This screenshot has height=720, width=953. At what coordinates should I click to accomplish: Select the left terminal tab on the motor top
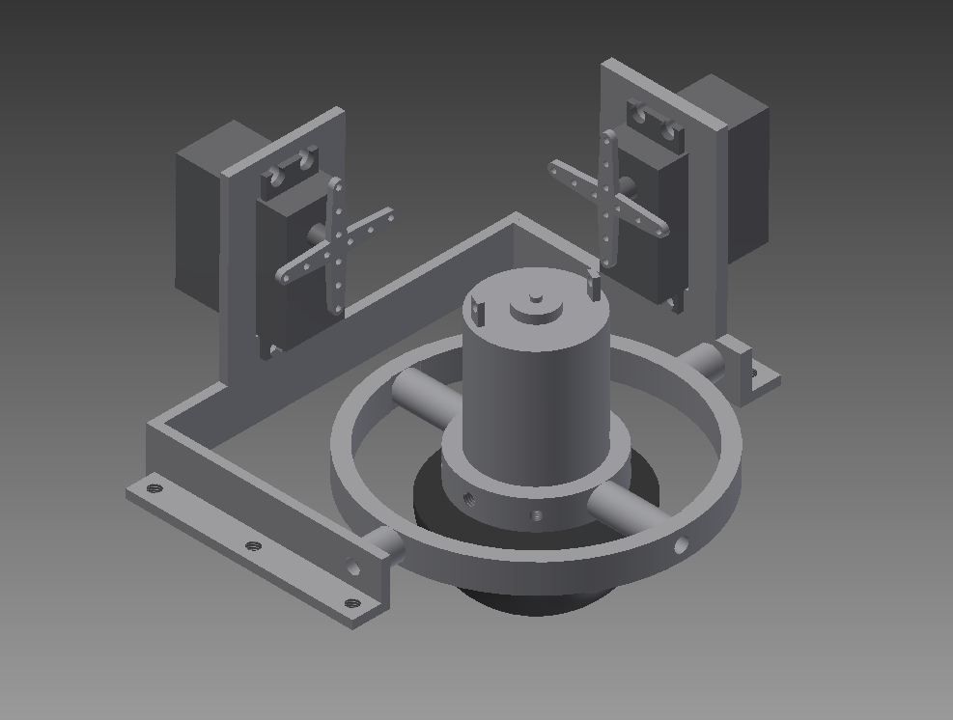(x=476, y=308)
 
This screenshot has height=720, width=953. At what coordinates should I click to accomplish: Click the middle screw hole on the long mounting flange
(x=254, y=546)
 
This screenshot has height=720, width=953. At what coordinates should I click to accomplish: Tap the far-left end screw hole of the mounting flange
(x=151, y=488)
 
